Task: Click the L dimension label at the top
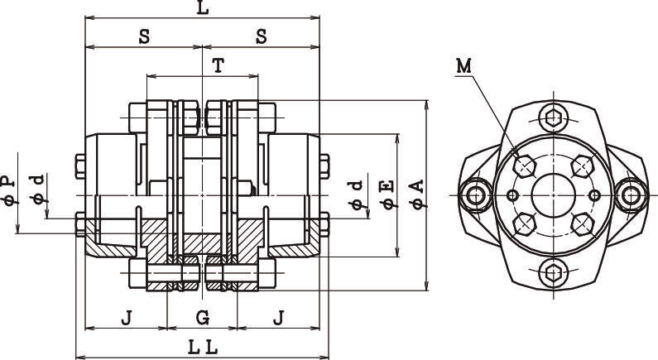pyautogui.click(x=203, y=8)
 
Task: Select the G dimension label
pyautogui.click(x=202, y=317)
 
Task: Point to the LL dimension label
pyautogui.click(x=202, y=348)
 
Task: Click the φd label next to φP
pyautogui.click(x=37, y=189)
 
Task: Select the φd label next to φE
pyautogui.click(x=357, y=193)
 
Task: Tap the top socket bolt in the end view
pyautogui.click(x=552, y=116)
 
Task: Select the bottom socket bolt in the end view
pyautogui.click(x=552, y=274)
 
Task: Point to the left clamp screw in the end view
pyautogui.click(x=475, y=195)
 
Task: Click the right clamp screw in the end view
pyautogui.click(x=630, y=195)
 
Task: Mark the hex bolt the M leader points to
pyautogui.click(x=524, y=166)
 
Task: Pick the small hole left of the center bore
pyautogui.click(x=513, y=195)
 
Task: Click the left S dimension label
pyautogui.click(x=143, y=37)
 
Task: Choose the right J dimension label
pyautogui.click(x=278, y=317)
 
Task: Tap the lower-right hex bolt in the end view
pyautogui.click(x=581, y=223)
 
